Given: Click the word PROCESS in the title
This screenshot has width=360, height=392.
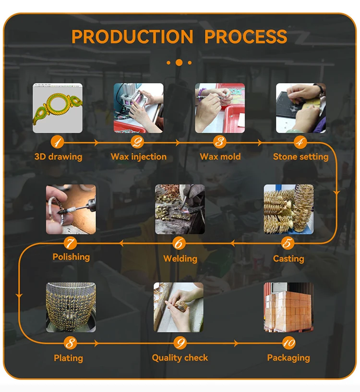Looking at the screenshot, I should pyautogui.click(x=245, y=37).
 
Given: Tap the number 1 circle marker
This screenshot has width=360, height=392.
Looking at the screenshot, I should pyautogui.click(x=57, y=142).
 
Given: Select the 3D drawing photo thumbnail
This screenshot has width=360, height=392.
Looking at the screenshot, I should pyautogui.click(x=58, y=108).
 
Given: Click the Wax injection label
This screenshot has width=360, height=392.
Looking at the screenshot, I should pyautogui.click(x=139, y=157).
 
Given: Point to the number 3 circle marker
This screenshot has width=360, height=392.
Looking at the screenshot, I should pyautogui.click(x=220, y=142).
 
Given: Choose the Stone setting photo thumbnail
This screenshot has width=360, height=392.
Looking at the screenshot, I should pyautogui.click(x=301, y=108).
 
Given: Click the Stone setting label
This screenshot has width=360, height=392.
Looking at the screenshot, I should pyautogui.click(x=301, y=157).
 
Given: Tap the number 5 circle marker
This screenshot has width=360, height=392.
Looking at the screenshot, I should pyautogui.click(x=288, y=243).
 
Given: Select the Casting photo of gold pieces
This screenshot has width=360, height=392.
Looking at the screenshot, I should pyautogui.click(x=288, y=209).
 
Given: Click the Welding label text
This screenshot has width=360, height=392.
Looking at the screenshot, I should pyautogui.click(x=180, y=258).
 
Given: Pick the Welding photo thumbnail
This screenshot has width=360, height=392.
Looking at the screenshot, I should pyautogui.click(x=180, y=209).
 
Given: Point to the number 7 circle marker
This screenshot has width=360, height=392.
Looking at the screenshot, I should pyautogui.click(x=71, y=243).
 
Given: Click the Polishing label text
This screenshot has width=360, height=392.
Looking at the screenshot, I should pyautogui.click(x=71, y=257).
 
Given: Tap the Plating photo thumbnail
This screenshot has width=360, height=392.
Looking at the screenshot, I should pyautogui.click(x=71, y=307).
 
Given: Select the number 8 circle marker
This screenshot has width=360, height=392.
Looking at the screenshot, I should pyautogui.click(x=71, y=343).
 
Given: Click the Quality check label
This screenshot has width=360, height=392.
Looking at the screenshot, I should pyautogui.click(x=180, y=358).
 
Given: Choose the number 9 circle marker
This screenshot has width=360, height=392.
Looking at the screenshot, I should pyautogui.click(x=180, y=343).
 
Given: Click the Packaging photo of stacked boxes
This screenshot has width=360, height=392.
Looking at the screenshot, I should pyautogui.click(x=288, y=307).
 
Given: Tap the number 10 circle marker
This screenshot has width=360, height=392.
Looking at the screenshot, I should pyautogui.click(x=288, y=343).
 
